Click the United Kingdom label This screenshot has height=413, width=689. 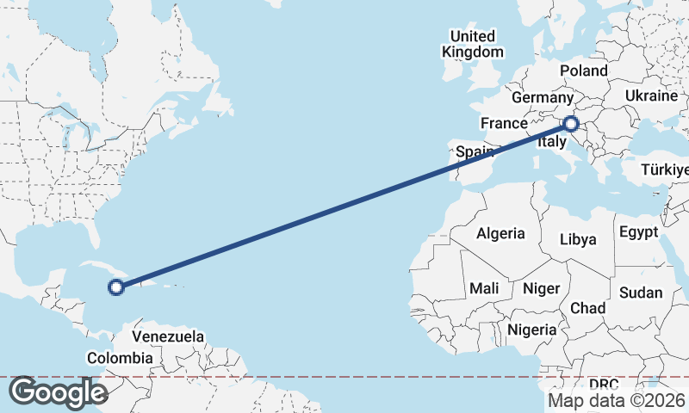473,44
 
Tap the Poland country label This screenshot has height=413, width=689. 583,71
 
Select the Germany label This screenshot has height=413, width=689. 542,98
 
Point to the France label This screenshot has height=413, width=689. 503,123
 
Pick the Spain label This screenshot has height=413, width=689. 474,152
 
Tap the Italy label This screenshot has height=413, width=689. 551,144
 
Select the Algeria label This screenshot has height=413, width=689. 500,233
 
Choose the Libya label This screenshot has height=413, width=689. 578,238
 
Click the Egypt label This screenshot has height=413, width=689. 638,232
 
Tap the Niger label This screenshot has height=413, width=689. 541,289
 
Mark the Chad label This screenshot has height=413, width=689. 587,308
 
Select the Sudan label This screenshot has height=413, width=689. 641,293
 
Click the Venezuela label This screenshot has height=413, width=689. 168,336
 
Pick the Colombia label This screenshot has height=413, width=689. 120,358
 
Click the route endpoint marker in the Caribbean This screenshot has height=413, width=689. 116,287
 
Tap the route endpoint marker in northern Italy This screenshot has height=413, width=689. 570,124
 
